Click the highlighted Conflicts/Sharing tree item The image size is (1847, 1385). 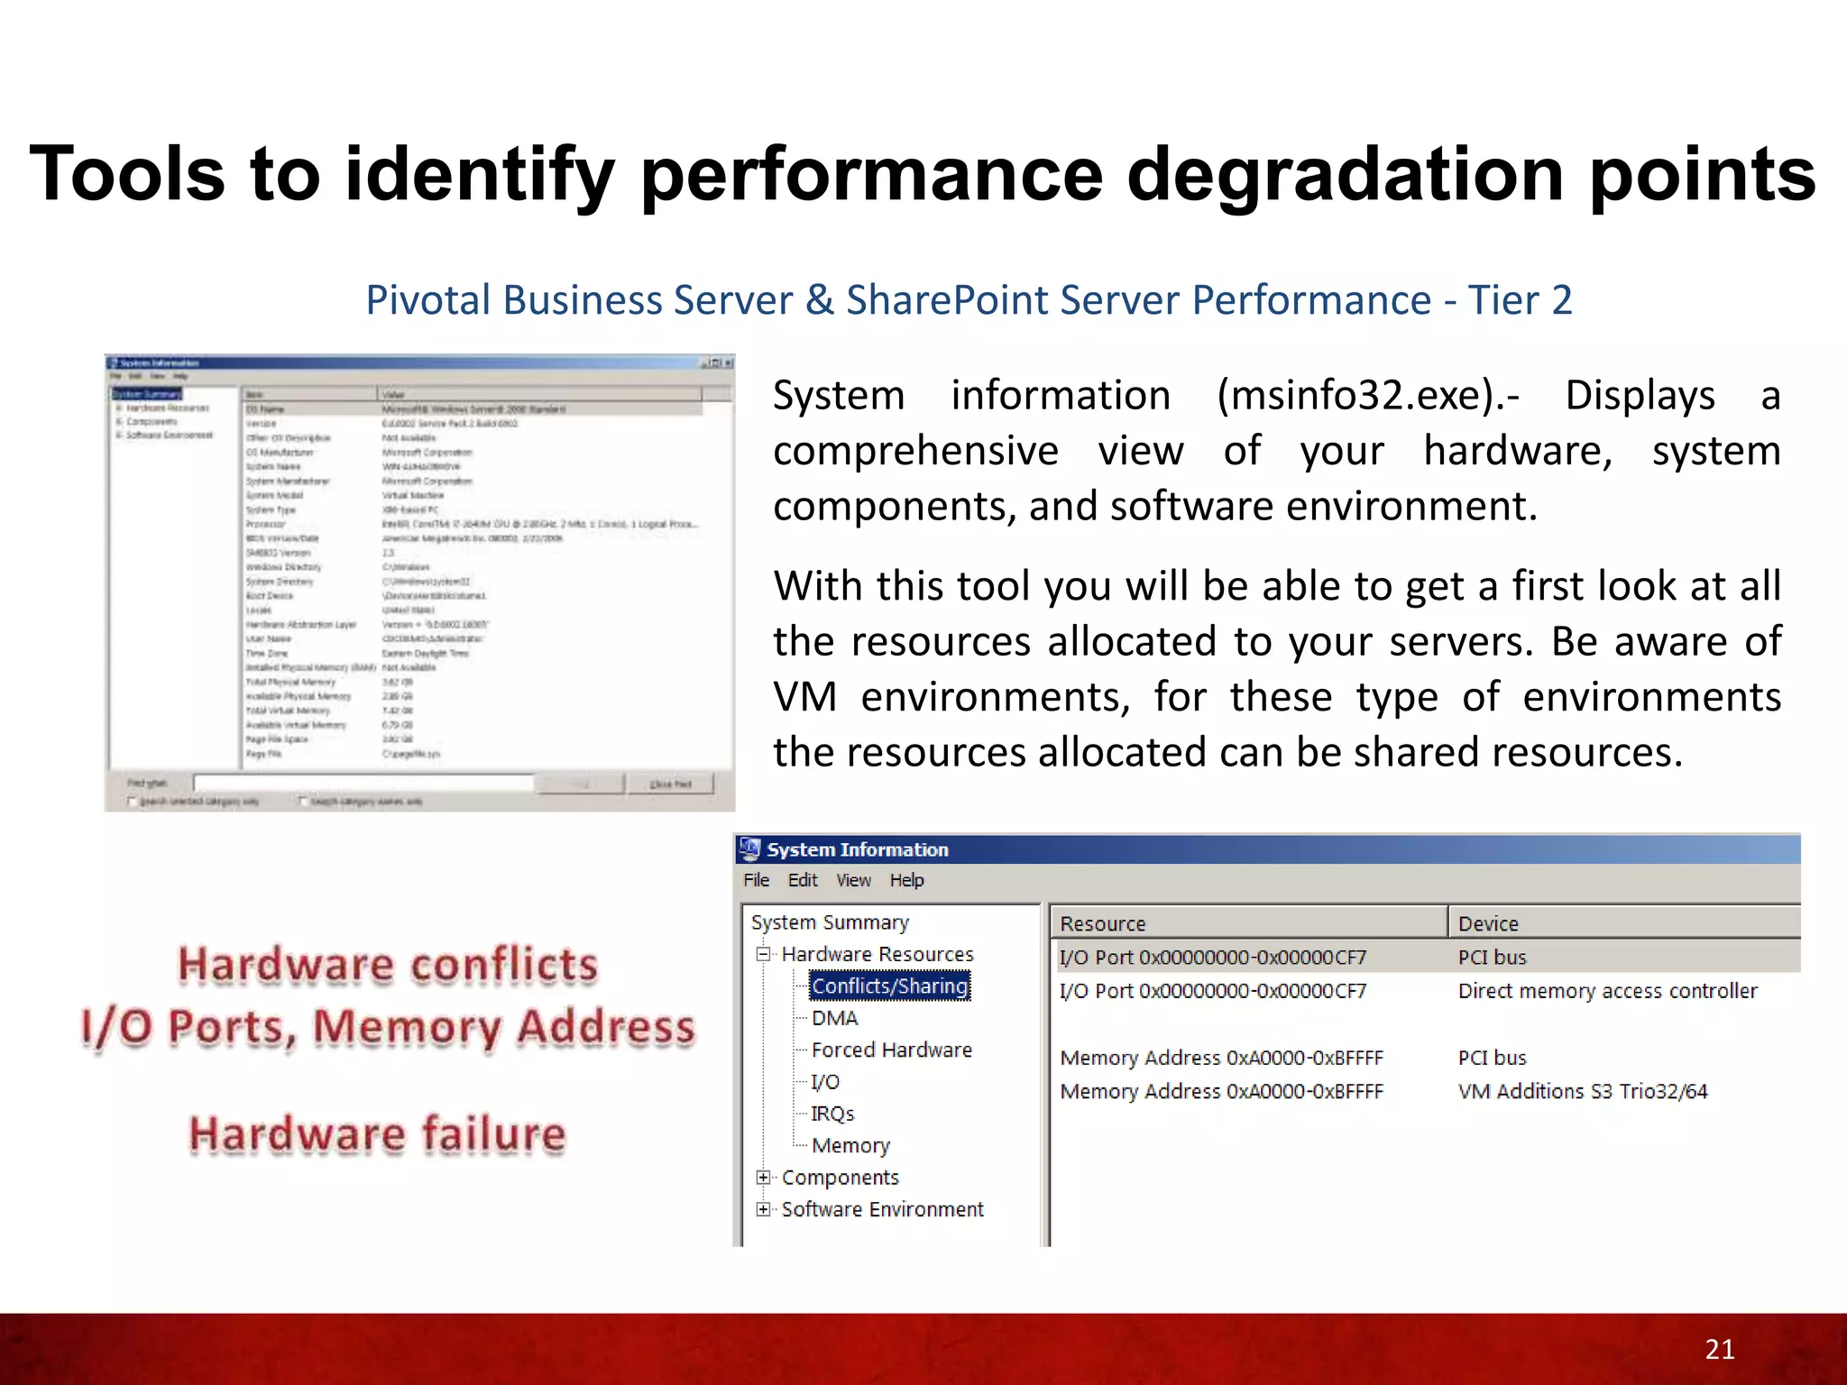pyautogui.click(x=889, y=986)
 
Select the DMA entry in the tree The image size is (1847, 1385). pyautogui.click(x=834, y=1018)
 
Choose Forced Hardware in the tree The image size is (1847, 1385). pyautogui.click(x=891, y=1050)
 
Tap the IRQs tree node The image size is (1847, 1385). pyautogui.click(x=832, y=1114)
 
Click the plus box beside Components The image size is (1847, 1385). pyautogui.click(x=764, y=1177)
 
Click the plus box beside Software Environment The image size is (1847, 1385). pyautogui.click(x=764, y=1209)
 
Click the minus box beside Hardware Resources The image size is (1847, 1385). pyautogui.click(x=764, y=954)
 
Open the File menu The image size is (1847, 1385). pyautogui.click(x=756, y=880)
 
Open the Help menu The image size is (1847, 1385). pyautogui.click(x=906, y=880)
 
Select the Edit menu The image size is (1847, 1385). pyautogui.click(x=802, y=880)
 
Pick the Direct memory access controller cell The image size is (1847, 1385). pyautogui.click(x=1607, y=991)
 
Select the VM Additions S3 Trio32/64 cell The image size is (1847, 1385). pyautogui.click(x=1582, y=1091)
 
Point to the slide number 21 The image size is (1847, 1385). pyautogui.click(x=1720, y=1349)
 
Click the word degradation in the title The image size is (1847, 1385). pyautogui.click(x=1346, y=175)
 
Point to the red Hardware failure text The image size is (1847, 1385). pyautogui.click(x=377, y=1133)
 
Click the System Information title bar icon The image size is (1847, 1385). pyautogui.click(x=749, y=848)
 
